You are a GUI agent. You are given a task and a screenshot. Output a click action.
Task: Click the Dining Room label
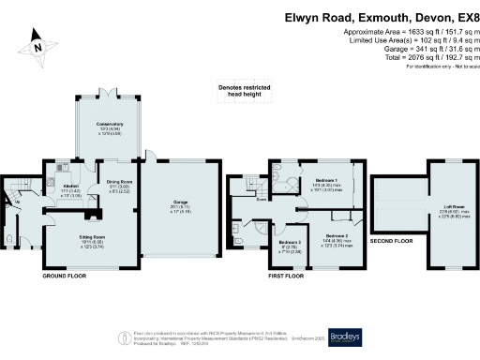tap(118, 182)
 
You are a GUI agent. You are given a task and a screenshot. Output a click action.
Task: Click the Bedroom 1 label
tap(325, 179)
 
